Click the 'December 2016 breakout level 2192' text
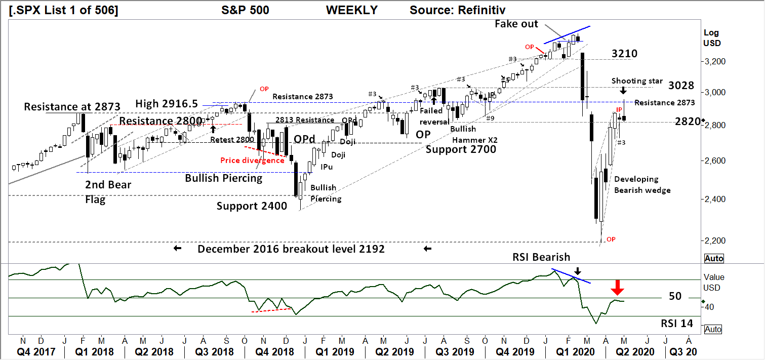pyautogui.click(x=291, y=249)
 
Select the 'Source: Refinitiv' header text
pyautogui.click(x=457, y=10)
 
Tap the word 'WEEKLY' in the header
pyautogui.click(x=352, y=10)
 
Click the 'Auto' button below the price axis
pyautogui.click(x=713, y=259)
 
